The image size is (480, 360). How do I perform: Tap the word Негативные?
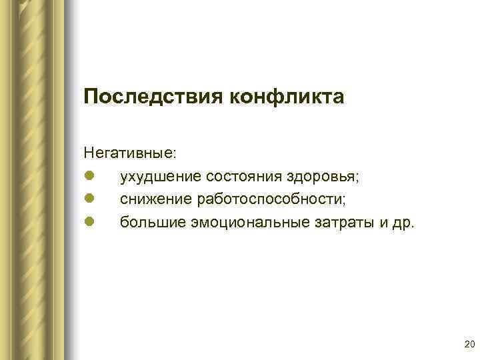click(x=129, y=153)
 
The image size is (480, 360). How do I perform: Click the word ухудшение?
click(x=161, y=176)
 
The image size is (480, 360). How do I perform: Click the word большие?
click(x=151, y=221)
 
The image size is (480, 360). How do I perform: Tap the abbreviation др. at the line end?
click(x=403, y=222)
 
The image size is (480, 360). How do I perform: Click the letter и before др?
click(x=383, y=222)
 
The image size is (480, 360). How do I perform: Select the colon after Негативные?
click(x=175, y=154)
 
